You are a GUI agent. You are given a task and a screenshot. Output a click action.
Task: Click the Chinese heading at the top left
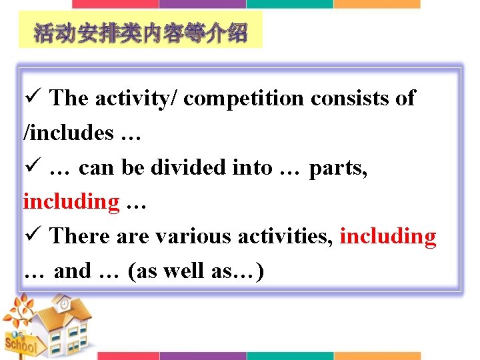click(x=141, y=33)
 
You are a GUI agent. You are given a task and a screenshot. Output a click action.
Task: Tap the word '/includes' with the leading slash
click(x=69, y=133)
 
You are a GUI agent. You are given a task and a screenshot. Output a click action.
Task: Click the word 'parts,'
click(x=338, y=167)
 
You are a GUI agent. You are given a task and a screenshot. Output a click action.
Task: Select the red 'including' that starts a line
click(x=71, y=201)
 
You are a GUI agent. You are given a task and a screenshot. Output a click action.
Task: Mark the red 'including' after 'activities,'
click(x=388, y=236)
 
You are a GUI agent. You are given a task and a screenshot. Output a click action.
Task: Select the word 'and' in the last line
click(x=72, y=271)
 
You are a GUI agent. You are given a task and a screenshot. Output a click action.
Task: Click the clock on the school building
click(x=64, y=304)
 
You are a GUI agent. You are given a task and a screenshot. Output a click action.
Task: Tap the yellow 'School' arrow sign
click(x=20, y=345)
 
